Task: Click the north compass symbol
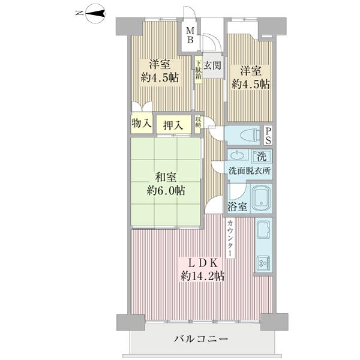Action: tap(95, 13)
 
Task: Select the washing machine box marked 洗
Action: tap(261, 157)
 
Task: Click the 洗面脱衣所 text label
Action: tap(248, 170)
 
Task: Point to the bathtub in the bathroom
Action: tap(261, 197)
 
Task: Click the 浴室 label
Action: tap(237, 207)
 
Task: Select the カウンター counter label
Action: tap(230, 238)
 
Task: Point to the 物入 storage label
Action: tap(142, 124)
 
